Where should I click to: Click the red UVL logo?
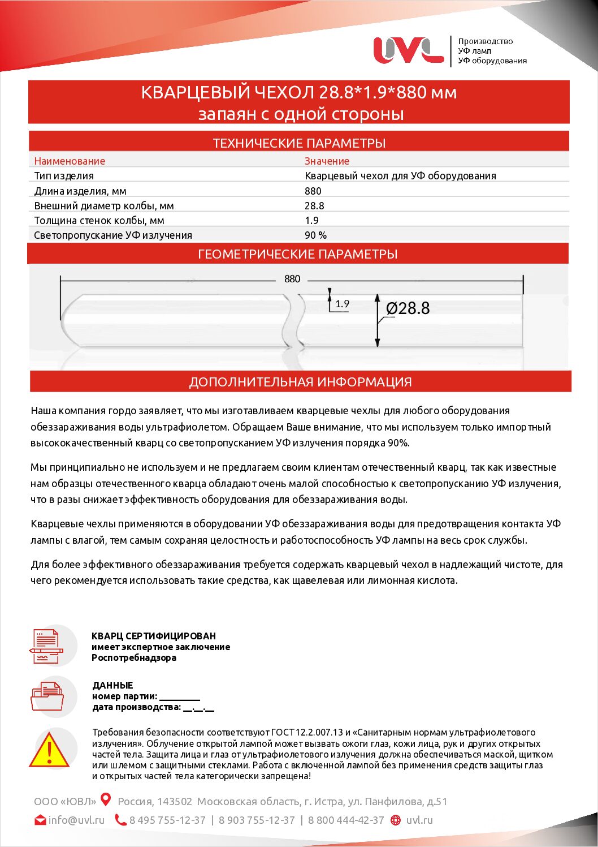[408, 50]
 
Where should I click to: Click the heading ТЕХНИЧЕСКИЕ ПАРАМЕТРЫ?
[299, 143]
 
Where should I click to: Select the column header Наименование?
[70, 161]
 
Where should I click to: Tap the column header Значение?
[327, 161]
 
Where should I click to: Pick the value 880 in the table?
[313, 191]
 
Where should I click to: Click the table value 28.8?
[314, 206]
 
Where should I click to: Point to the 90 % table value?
[315, 235]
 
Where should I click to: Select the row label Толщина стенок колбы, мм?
[99, 221]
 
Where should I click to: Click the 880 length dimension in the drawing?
[292, 279]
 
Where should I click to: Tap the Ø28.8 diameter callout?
[408, 308]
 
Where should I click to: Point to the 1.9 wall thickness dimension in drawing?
[342, 304]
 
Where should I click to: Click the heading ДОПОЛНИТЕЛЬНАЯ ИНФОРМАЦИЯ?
[300, 382]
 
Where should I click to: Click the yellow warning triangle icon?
[49, 751]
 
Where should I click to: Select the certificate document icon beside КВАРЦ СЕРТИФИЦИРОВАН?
[46, 646]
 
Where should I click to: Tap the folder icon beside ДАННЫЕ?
[46, 696]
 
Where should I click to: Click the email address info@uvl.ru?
[76, 820]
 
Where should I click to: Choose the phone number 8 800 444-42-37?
[346, 820]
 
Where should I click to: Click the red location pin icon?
[106, 799]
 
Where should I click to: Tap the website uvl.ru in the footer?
[419, 820]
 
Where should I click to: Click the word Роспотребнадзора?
[134, 657]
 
